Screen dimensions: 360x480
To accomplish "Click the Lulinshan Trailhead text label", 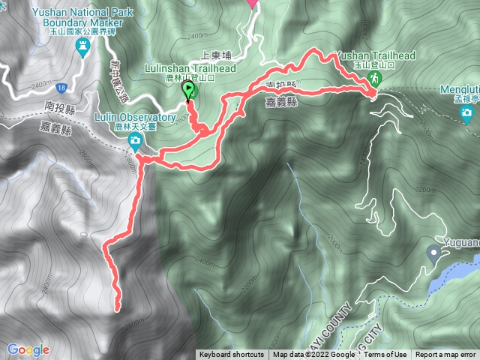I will tap(190, 68).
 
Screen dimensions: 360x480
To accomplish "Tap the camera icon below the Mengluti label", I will tap(466, 114).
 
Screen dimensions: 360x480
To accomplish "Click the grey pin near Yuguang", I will tap(433, 253).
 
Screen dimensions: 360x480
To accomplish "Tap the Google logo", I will tap(28, 349).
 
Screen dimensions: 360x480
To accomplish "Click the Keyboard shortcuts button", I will tap(232, 355).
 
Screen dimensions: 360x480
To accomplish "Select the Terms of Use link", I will tap(385, 355).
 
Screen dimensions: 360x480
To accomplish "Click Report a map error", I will tap(446, 355).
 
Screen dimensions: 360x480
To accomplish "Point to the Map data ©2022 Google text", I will tap(313, 355).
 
